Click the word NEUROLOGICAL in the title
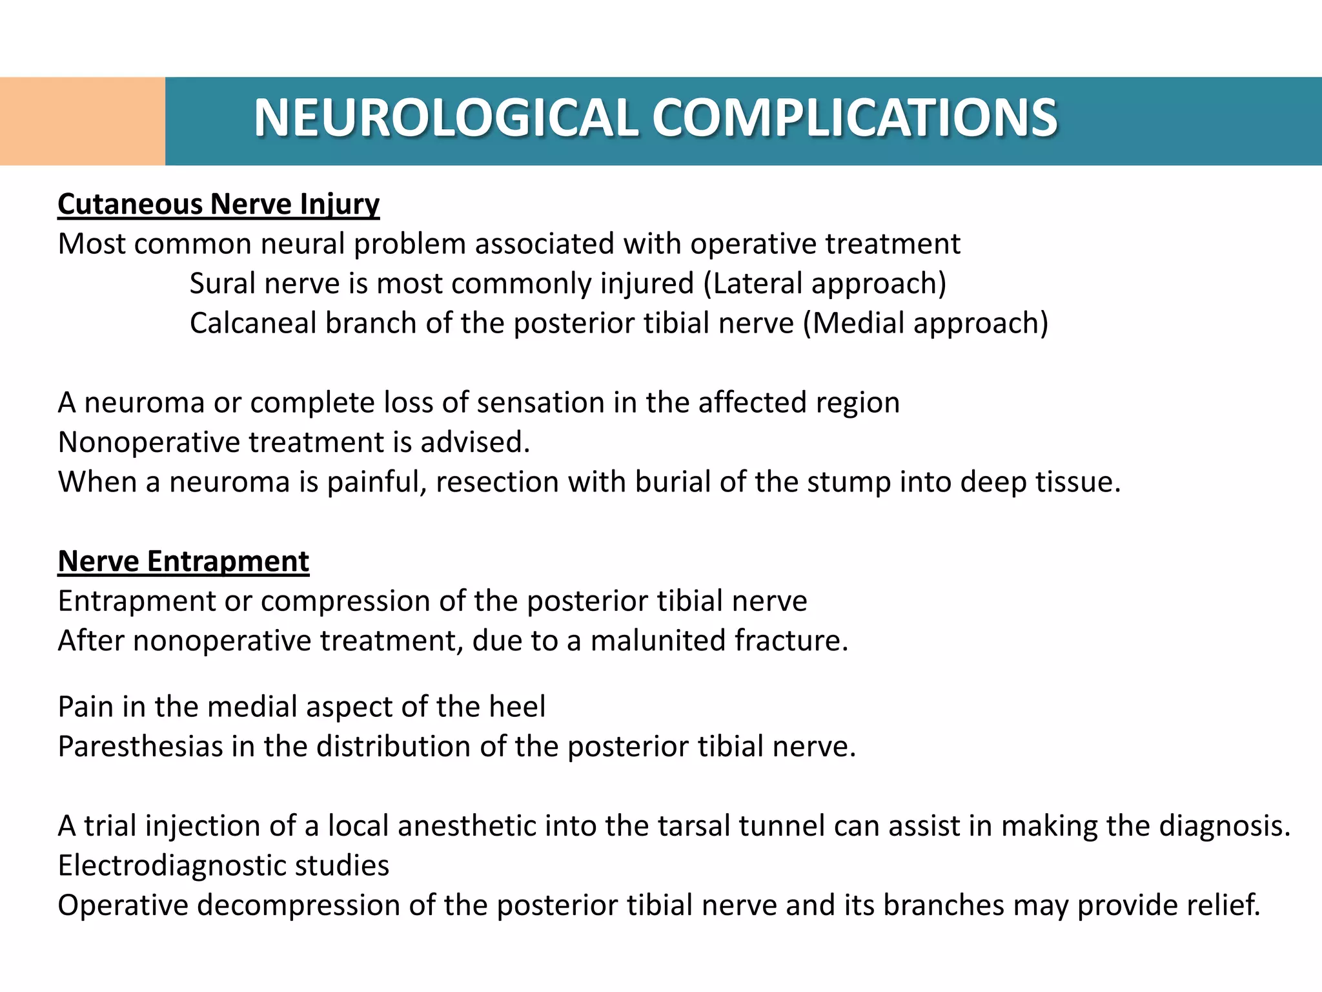446,118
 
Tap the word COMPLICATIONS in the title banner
855,118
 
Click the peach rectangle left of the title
83,121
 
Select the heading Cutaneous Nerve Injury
218,204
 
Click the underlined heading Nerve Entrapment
183,561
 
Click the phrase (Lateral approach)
824,284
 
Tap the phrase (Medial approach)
926,323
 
